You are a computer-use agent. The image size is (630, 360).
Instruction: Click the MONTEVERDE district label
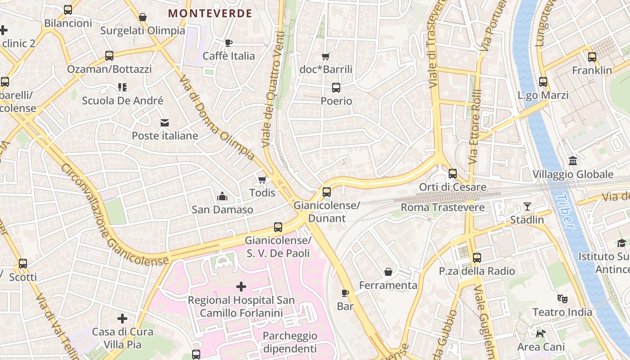point(210,13)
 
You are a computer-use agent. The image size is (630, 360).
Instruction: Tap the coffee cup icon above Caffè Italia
point(229,43)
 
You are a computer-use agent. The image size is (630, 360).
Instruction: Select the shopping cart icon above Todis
point(262,180)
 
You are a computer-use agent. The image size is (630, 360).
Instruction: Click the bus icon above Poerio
point(336,88)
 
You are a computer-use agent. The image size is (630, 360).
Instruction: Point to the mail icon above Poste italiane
point(165,123)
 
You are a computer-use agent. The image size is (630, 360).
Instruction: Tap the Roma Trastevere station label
point(442,207)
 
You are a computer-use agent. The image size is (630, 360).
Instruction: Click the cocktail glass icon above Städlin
point(527,207)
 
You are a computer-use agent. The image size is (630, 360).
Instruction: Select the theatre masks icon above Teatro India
point(562,298)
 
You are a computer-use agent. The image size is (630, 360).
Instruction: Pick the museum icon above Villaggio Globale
point(573,161)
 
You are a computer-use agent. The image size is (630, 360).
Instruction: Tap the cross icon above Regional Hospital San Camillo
point(241,286)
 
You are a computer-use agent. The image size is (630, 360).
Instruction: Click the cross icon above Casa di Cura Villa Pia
point(122,319)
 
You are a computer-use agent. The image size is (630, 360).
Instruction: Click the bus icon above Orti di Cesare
point(453,174)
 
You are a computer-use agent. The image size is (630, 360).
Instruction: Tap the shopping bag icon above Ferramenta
point(388,272)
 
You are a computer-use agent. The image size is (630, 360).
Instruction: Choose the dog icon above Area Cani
point(540,333)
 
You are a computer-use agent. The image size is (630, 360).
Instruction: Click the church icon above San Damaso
point(222,196)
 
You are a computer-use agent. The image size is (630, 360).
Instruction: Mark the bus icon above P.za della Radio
point(477,258)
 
